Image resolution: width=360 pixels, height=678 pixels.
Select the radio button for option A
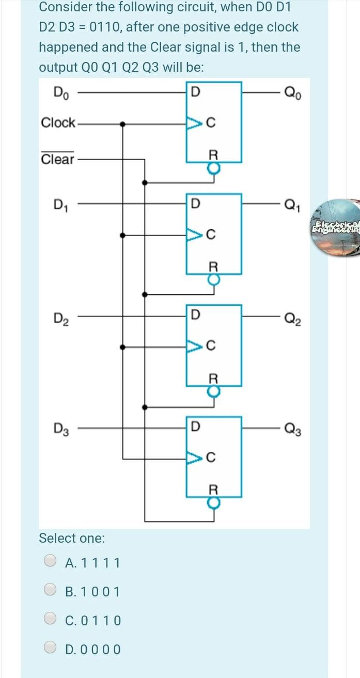[x=50, y=561]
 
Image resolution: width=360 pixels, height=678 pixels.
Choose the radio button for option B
[x=50, y=590]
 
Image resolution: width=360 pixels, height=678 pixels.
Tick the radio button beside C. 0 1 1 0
[x=50, y=619]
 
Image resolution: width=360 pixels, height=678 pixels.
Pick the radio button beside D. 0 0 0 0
[x=50, y=648]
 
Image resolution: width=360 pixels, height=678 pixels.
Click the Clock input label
[x=58, y=123]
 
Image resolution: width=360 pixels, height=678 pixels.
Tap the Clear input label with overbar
[x=57, y=159]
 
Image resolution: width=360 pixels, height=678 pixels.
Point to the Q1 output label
[x=290, y=206]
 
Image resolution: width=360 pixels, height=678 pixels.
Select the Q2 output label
[x=290, y=316]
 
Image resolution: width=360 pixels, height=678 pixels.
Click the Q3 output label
[x=290, y=428]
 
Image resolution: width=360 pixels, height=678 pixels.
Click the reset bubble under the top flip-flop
[x=214, y=168]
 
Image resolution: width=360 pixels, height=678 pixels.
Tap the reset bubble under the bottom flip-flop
[x=214, y=502]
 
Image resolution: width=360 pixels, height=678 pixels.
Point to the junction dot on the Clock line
[x=122, y=124]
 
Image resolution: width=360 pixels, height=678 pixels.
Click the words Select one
[x=72, y=538]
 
